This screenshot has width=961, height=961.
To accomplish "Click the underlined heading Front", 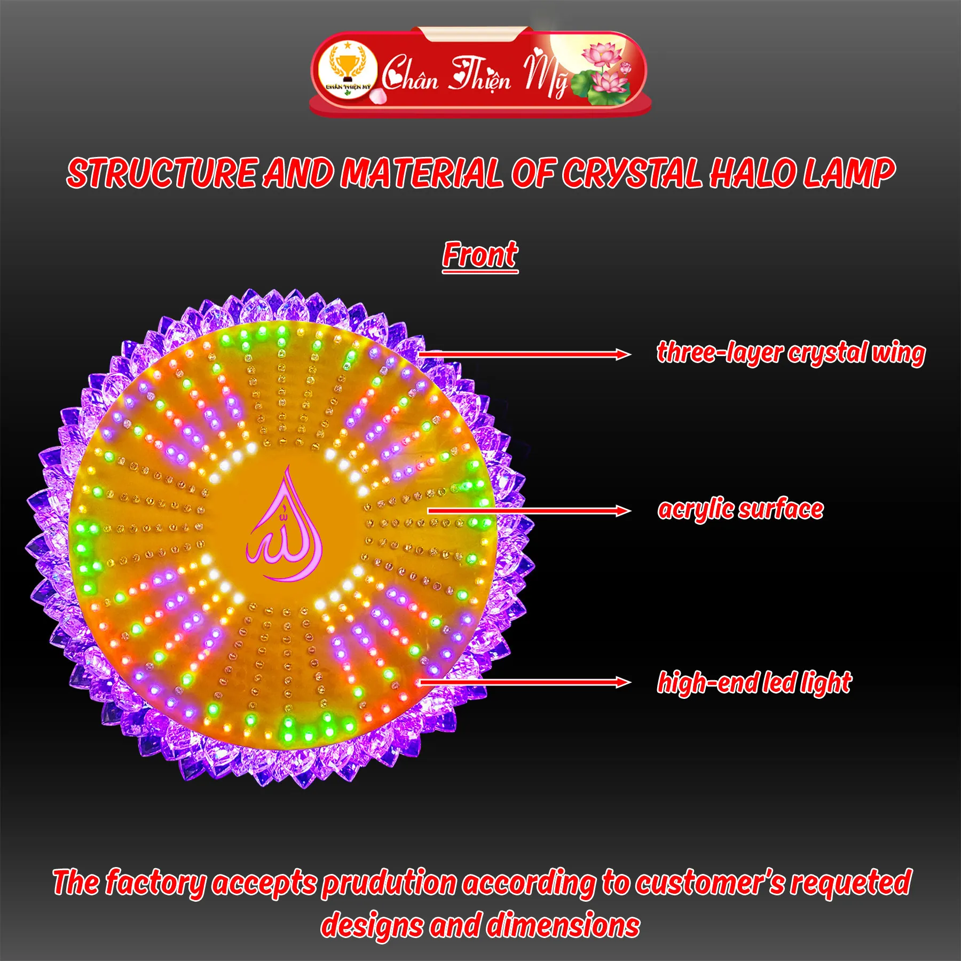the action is point(480,255).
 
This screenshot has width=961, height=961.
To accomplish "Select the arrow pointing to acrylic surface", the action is point(529,511).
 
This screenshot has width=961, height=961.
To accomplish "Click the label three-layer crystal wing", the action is point(791,353).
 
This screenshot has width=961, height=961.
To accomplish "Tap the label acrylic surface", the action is point(741,509).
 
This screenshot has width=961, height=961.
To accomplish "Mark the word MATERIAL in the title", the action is point(422,174).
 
